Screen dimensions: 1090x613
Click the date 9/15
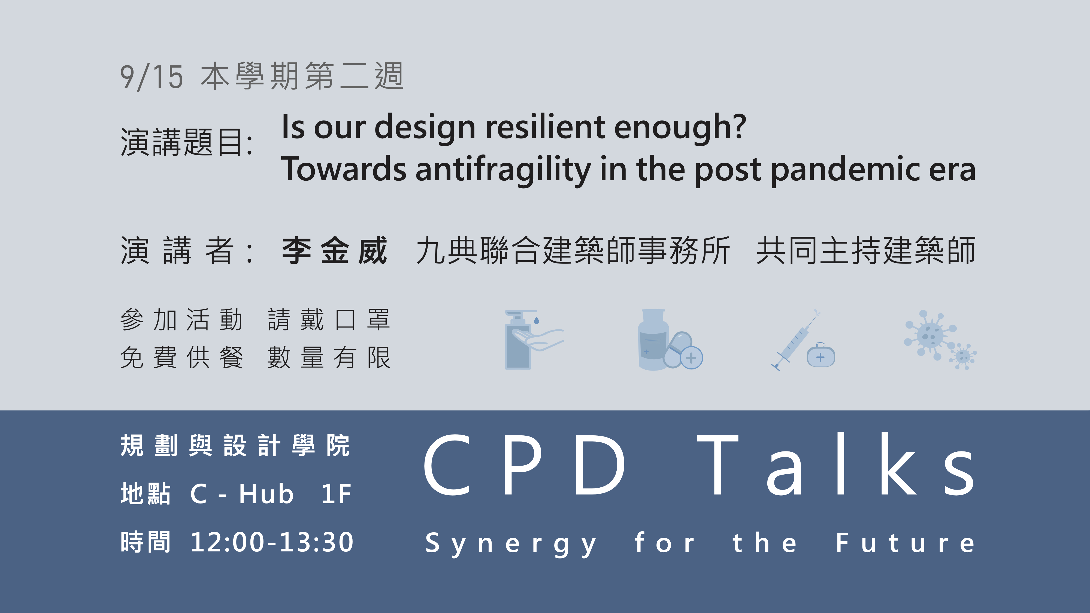tap(152, 77)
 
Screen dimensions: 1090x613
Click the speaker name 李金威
tap(335, 250)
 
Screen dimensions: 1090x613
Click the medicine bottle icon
tap(653, 340)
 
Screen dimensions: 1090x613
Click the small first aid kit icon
tap(820, 355)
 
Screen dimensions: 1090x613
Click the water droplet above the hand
tap(537, 320)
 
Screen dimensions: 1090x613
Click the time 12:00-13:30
tap(272, 542)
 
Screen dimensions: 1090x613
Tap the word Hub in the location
tap(266, 494)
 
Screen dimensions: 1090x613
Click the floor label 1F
tap(336, 494)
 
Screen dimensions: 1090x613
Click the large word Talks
tap(836, 464)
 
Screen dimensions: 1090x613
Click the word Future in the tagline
tap(906, 542)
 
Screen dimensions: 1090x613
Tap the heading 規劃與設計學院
tap(235, 445)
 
